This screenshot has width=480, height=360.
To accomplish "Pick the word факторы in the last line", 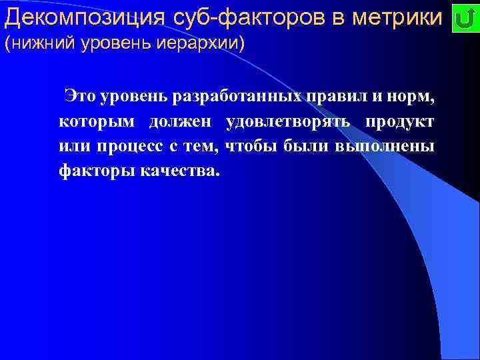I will tap(97, 171).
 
